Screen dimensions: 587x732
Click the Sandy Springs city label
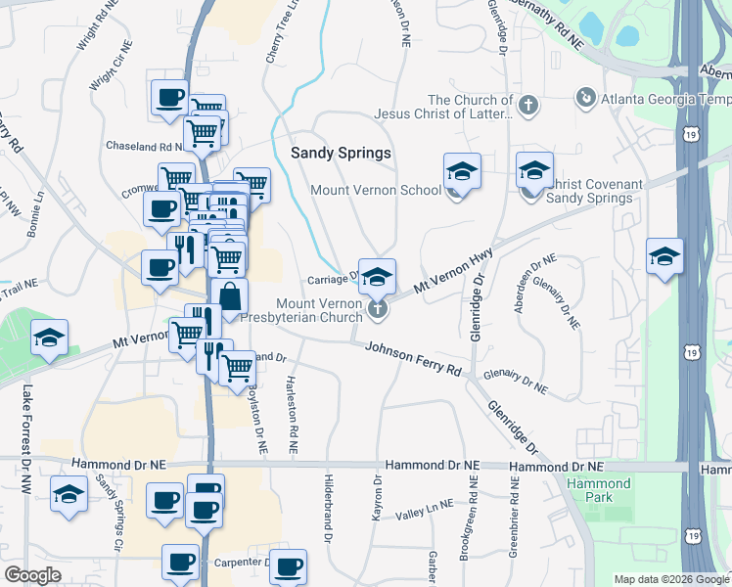[x=342, y=154]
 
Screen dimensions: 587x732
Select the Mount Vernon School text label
[x=375, y=190]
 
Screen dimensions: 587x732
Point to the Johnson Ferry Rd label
[x=413, y=359]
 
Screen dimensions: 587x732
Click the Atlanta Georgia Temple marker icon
[x=585, y=97]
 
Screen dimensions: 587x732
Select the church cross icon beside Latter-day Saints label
[x=528, y=105]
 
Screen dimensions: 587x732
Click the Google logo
[x=32, y=575]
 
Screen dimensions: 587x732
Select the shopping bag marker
[x=229, y=297]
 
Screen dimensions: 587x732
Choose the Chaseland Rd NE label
[x=144, y=146]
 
